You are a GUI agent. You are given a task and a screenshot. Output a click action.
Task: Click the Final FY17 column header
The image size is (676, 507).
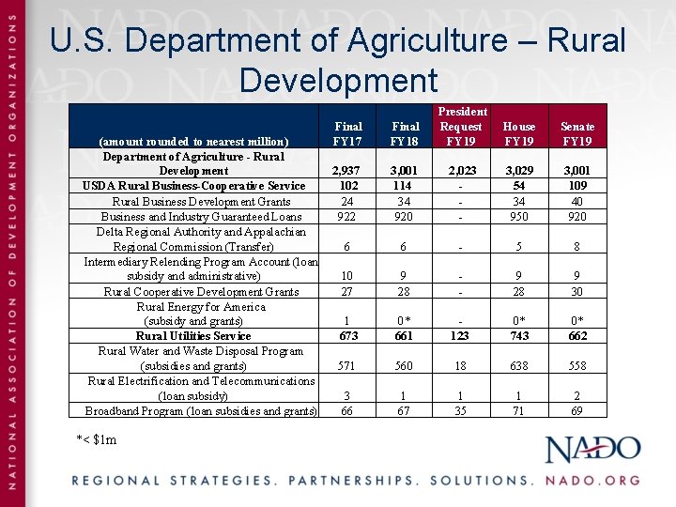348,133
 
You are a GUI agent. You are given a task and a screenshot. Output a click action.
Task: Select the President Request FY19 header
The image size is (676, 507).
462,126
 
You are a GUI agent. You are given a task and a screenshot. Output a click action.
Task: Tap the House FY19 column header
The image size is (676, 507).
519,133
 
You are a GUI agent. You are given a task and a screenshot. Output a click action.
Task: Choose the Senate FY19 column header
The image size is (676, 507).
576,133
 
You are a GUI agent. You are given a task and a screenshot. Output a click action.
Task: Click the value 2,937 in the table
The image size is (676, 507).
347,171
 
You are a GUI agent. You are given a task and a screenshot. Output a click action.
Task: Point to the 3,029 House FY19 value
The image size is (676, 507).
519,171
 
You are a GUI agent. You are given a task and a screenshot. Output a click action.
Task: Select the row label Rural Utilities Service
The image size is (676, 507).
193,336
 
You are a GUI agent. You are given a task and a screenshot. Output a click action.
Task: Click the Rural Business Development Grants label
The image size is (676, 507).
201,201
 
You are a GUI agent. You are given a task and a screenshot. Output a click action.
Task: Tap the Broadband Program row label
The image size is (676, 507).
201,411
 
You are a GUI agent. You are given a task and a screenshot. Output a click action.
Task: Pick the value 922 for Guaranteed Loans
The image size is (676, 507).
347,216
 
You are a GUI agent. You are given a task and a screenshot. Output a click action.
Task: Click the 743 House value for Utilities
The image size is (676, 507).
519,336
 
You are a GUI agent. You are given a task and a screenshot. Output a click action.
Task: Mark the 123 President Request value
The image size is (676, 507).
462,336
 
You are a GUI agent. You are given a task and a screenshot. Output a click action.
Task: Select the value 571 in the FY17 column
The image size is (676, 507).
347,366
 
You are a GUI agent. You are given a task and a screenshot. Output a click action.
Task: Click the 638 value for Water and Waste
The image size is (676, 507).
519,366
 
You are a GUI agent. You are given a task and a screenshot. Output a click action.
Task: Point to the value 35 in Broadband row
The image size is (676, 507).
462,411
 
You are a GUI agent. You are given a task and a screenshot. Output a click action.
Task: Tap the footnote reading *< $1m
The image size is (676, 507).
97,439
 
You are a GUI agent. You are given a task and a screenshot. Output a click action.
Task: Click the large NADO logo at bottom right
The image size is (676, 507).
593,450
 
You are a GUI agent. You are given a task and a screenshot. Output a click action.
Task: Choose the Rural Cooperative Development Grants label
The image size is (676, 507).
201,291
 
